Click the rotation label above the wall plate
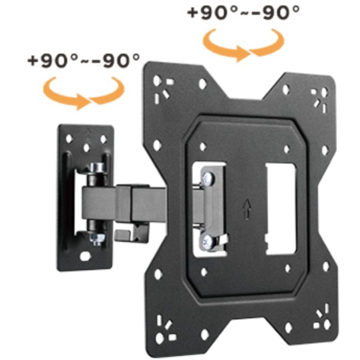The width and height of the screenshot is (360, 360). [83, 61]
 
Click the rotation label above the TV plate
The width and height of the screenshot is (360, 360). [244, 12]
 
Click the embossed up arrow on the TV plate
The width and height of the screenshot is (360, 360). [247, 209]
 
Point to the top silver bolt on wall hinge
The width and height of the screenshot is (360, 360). [97, 167]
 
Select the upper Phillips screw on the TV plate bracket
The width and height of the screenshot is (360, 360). [208, 178]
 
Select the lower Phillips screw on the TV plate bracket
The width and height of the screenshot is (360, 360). [209, 241]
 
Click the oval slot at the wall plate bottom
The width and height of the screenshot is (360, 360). [85, 256]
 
